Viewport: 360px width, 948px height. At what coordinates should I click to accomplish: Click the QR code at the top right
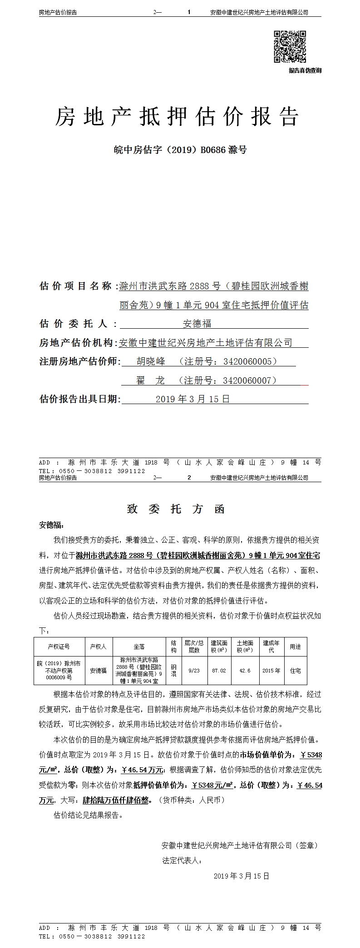290,46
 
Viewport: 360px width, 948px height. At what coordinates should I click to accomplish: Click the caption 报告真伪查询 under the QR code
305,70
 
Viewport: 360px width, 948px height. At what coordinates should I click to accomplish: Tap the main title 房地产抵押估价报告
177,117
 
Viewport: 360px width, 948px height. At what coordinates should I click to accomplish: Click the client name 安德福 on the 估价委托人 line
197,324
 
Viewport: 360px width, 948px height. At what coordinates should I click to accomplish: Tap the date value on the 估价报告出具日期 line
192,399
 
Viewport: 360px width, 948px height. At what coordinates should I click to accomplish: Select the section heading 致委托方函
176,509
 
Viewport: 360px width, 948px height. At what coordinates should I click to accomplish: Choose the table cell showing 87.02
219,670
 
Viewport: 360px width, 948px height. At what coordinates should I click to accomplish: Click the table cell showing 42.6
245,670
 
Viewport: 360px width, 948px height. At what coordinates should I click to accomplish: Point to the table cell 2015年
271,670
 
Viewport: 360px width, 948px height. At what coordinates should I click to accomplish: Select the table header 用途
295,647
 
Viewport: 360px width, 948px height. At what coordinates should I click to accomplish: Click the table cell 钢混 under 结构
173,670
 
